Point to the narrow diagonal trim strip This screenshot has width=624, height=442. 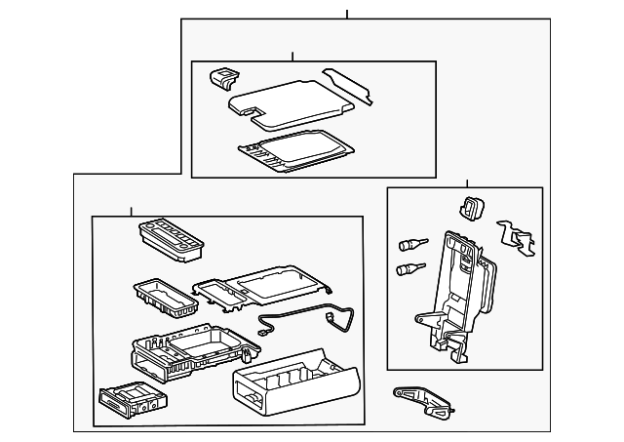pyautogui.click(x=348, y=84)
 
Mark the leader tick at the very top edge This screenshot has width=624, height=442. pyautogui.click(x=347, y=14)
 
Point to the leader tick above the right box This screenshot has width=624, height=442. pyautogui.click(x=467, y=182)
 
